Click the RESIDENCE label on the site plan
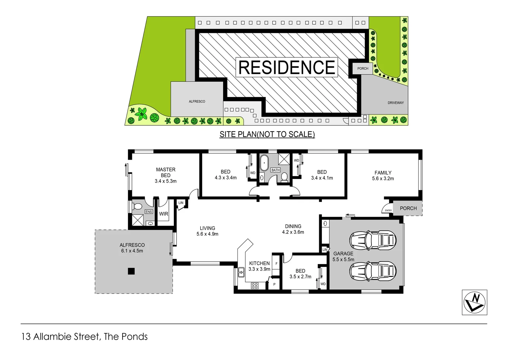point(287,67)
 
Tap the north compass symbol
point(474,302)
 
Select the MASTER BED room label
point(166,172)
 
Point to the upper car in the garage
point(373,240)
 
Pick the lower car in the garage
point(373,271)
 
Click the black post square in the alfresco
point(131,271)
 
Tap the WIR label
point(164,214)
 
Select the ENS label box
point(149,212)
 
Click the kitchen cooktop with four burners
point(254,286)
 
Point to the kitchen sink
point(241,272)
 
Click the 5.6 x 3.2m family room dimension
point(383,179)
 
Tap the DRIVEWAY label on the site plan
point(395,103)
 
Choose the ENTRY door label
point(388,210)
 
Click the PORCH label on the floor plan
point(408,208)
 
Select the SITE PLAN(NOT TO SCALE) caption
point(267,134)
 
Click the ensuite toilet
point(138,207)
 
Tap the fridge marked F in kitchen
point(276,264)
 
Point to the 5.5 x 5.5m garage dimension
point(343,259)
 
